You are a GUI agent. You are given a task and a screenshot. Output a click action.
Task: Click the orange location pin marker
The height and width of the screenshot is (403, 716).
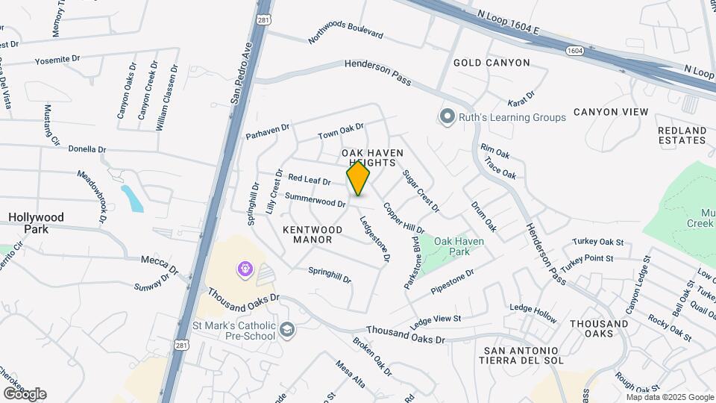358,178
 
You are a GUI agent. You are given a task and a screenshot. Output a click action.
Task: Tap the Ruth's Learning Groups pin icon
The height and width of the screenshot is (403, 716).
447,117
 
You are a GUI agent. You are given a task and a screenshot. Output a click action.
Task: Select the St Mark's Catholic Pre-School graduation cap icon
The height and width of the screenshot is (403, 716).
287,329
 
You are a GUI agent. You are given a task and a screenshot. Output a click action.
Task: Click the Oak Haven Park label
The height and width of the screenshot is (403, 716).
459,246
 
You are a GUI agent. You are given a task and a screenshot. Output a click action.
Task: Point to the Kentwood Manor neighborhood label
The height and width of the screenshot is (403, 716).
313,235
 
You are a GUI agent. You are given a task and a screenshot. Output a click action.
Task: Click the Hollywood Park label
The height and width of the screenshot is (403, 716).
36,222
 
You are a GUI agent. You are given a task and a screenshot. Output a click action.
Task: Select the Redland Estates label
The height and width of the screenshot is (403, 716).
682,135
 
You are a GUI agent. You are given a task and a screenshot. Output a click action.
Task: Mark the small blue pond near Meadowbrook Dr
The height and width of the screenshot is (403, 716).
132,199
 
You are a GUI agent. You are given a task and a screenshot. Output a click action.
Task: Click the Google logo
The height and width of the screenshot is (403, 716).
25,393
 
